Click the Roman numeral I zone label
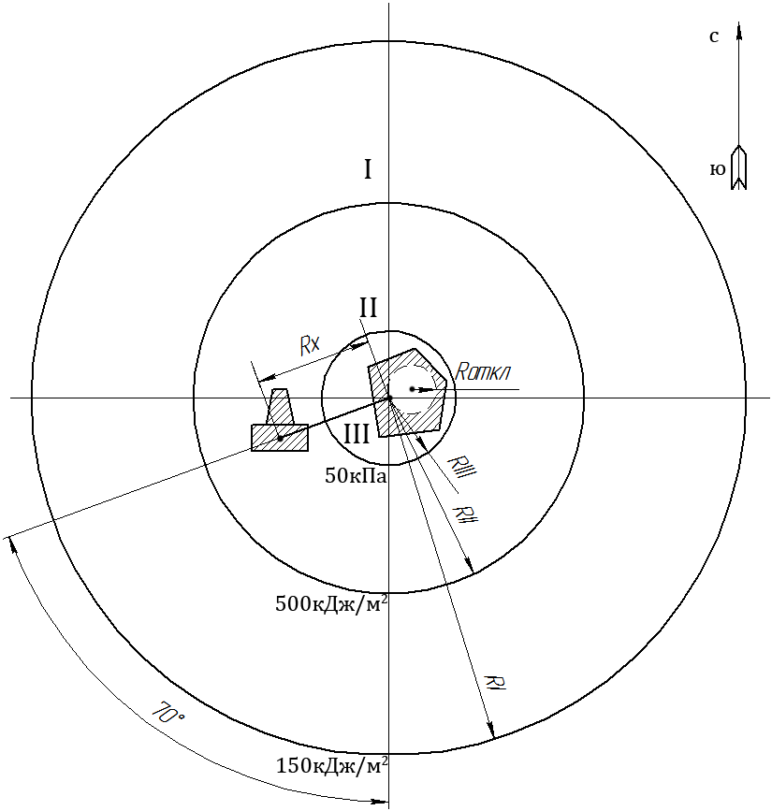(x=368, y=169)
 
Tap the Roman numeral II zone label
(x=369, y=309)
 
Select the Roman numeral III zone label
(x=357, y=434)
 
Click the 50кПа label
(x=356, y=476)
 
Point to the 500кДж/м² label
(x=331, y=603)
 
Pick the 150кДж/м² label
(x=332, y=765)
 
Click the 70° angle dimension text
(x=168, y=712)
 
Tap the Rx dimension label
(x=311, y=345)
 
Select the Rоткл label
(x=482, y=372)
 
